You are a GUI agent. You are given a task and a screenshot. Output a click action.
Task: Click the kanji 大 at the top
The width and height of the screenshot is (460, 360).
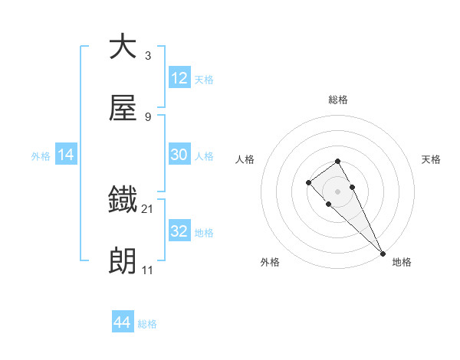click(123, 47)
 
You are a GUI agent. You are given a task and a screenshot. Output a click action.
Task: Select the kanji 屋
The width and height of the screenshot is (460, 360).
click(123, 109)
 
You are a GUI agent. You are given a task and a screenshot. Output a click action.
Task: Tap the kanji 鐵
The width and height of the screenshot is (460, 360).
click(123, 200)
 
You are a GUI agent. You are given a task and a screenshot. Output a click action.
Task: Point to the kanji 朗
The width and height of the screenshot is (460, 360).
click(123, 262)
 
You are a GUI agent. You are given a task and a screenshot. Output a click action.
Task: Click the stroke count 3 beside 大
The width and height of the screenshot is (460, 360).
click(147, 55)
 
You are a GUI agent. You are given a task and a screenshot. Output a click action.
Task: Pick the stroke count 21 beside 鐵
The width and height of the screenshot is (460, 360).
click(148, 208)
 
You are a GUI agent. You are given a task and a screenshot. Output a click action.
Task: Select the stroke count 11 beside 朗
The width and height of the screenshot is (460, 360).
click(147, 270)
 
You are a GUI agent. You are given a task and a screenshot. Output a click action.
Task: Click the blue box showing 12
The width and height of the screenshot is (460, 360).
click(179, 78)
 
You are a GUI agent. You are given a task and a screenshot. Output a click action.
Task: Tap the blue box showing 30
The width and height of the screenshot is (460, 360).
click(179, 155)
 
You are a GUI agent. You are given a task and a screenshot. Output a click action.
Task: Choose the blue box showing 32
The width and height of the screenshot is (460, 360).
click(179, 231)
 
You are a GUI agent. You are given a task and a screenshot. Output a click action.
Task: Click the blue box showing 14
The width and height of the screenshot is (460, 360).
click(66, 155)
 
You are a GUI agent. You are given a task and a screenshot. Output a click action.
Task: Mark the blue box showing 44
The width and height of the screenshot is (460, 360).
click(123, 322)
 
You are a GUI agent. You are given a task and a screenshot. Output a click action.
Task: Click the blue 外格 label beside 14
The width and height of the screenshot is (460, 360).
click(41, 155)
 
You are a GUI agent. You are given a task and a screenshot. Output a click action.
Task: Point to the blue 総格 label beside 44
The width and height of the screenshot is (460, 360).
click(147, 324)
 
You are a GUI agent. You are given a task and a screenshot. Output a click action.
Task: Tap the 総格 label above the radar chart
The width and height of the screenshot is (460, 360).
click(338, 100)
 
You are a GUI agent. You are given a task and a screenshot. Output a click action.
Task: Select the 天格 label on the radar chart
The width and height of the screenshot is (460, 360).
click(432, 159)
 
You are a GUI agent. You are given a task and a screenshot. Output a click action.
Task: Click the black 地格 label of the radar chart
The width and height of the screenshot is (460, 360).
click(402, 263)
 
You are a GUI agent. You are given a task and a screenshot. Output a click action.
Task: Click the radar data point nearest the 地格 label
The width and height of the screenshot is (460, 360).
click(383, 253)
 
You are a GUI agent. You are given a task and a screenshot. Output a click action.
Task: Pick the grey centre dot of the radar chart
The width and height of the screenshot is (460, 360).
click(338, 191)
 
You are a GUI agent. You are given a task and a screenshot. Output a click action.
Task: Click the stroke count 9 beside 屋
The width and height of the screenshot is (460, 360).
click(147, 117)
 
